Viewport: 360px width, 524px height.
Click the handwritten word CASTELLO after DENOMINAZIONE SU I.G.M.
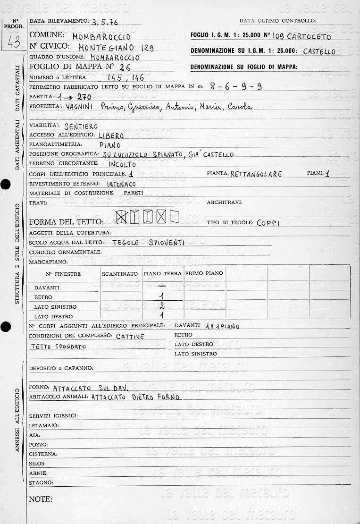tap(319, 51)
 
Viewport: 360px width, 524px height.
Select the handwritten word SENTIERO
tap(81, 126)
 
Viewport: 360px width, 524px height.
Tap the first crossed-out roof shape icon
tap(122, 217)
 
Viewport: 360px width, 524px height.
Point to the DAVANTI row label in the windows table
tap(47, 287)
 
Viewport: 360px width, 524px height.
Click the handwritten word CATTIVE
tap(130, 336)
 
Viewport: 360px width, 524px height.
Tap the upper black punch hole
tap(5, 185)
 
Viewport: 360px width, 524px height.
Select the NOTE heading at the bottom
tap(41, 499)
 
